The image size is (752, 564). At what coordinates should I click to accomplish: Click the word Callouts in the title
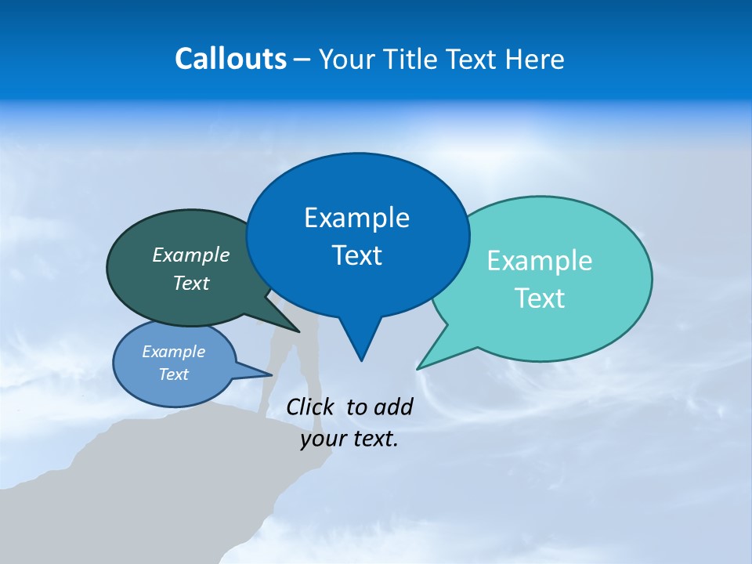tap(230, 59)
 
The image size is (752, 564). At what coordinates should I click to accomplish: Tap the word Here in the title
tap(537, 59)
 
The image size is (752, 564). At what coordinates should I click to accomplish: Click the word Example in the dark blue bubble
tap(356, 218)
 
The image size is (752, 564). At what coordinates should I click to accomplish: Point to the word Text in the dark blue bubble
tap(356, 255)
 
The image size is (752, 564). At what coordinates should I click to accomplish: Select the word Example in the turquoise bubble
tap(540, 261)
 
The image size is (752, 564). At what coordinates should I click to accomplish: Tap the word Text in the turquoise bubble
tap(540, 298)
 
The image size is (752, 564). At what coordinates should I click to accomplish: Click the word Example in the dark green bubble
tap(191, 255)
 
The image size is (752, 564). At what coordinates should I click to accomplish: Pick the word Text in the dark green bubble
tap(191, 283)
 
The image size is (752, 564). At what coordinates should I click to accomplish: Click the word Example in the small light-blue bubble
tap(173, 352)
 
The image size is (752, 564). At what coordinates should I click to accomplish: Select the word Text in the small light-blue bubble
tap(173, 374)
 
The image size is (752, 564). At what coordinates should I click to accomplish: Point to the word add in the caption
tap(392, 407)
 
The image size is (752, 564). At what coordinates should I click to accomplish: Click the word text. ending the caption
tap(374, 439)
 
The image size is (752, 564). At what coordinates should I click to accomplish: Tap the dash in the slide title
tap(302, 60)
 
